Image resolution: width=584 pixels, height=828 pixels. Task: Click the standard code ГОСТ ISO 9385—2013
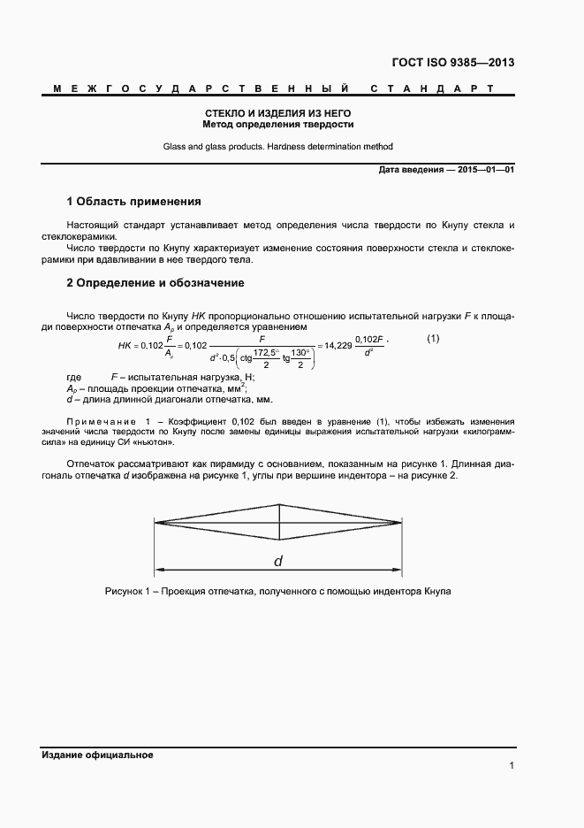pyautogui.click(x=452, y=63)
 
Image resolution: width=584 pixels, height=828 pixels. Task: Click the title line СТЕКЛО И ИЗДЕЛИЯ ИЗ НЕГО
pyautogui.click(x=278, y=114)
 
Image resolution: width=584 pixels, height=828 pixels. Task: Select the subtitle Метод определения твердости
pyautogui.click(x=278, y=125)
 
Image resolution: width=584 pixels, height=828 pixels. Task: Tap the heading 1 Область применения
pyautogui.click(x=134, y=202)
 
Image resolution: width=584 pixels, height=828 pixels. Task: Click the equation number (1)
pyautogui.click(x=433, y=339)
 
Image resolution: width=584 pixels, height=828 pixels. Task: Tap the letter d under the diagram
pyautogui.click(x=278, y=562)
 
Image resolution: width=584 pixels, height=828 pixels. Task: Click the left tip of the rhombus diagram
pyautogui.click(x=156, y=523)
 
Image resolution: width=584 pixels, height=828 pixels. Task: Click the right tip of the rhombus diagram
pyautogui.click(x=401, y=523)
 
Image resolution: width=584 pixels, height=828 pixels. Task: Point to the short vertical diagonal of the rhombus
pyautogui.click(x=279, y=523)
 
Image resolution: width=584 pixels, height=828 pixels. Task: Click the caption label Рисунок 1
pyautogui.click(x=129, y=591)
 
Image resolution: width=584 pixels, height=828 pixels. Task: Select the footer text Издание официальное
pyautogui.click(x=97, y=755)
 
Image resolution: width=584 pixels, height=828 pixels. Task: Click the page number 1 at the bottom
pyautogui.click(x=512, y=766)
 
